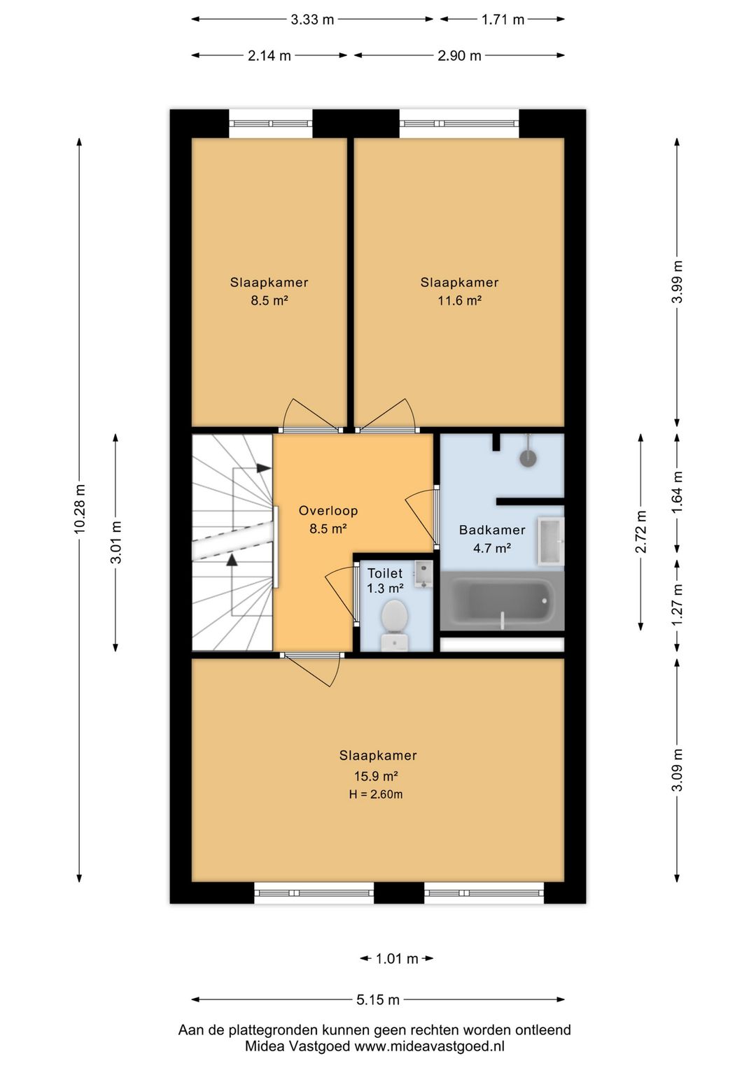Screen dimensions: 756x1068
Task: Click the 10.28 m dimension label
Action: pos(80,508)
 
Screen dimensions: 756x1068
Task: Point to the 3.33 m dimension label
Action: pos(312,20)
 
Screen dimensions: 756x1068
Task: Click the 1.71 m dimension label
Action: pos(503,20)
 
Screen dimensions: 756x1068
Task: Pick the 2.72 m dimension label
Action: pos(641,532)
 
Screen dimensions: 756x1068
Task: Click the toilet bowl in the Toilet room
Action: pos(395,624)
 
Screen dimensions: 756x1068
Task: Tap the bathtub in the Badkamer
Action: pos(502,600)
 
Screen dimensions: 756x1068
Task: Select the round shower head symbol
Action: pos(528,458)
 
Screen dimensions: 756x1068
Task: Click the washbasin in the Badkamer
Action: pos(551,541)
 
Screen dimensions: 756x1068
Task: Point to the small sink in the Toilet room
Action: pos(423,574)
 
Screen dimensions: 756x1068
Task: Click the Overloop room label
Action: pos(328,511)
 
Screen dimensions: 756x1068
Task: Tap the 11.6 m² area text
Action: pos(459,300)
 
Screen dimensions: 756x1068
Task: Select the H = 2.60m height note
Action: pos(376,794)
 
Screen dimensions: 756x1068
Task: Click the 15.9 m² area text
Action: pos(376,776)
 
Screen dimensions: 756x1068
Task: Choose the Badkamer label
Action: pos(492,530)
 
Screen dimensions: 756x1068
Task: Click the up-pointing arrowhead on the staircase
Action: pos(232,560)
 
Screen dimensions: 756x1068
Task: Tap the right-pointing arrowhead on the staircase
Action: pos(264,468)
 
